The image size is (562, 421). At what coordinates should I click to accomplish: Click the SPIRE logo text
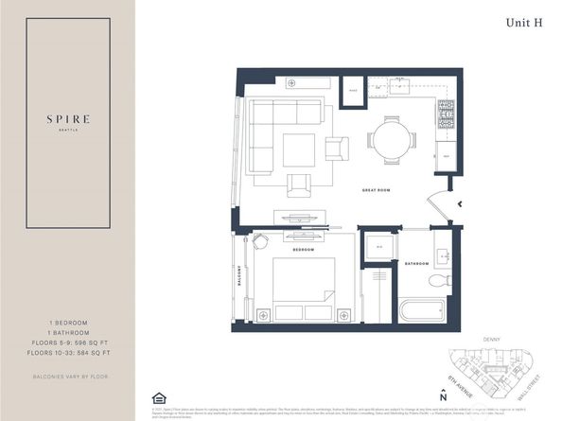[67, 119]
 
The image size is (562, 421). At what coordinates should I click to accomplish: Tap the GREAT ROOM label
[377, 190]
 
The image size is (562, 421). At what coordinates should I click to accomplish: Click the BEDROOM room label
[303, 250]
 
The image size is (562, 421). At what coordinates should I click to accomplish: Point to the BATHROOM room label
[417, 263]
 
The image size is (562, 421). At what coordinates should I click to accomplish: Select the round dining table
[391, 141]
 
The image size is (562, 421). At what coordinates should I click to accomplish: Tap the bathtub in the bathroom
[422, 309]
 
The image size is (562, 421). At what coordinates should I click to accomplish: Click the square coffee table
[298, 149]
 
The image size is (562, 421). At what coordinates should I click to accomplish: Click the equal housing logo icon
[157, 397]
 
